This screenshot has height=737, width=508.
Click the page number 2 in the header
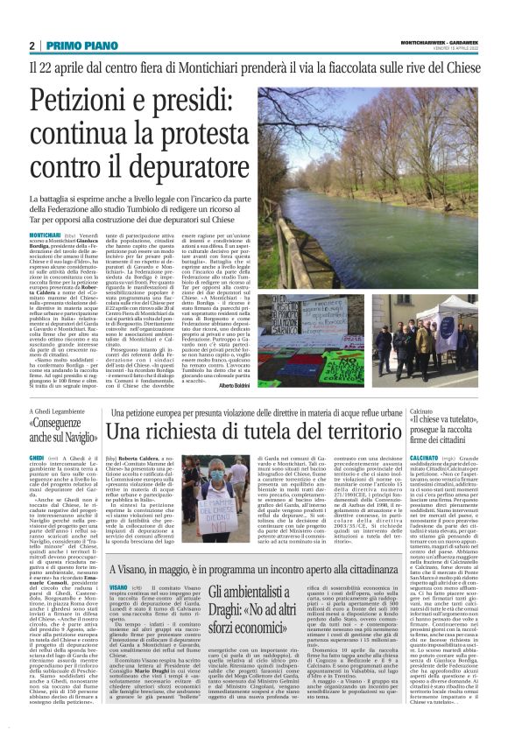[32, 46]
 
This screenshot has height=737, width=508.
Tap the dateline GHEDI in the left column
[37, 457]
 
